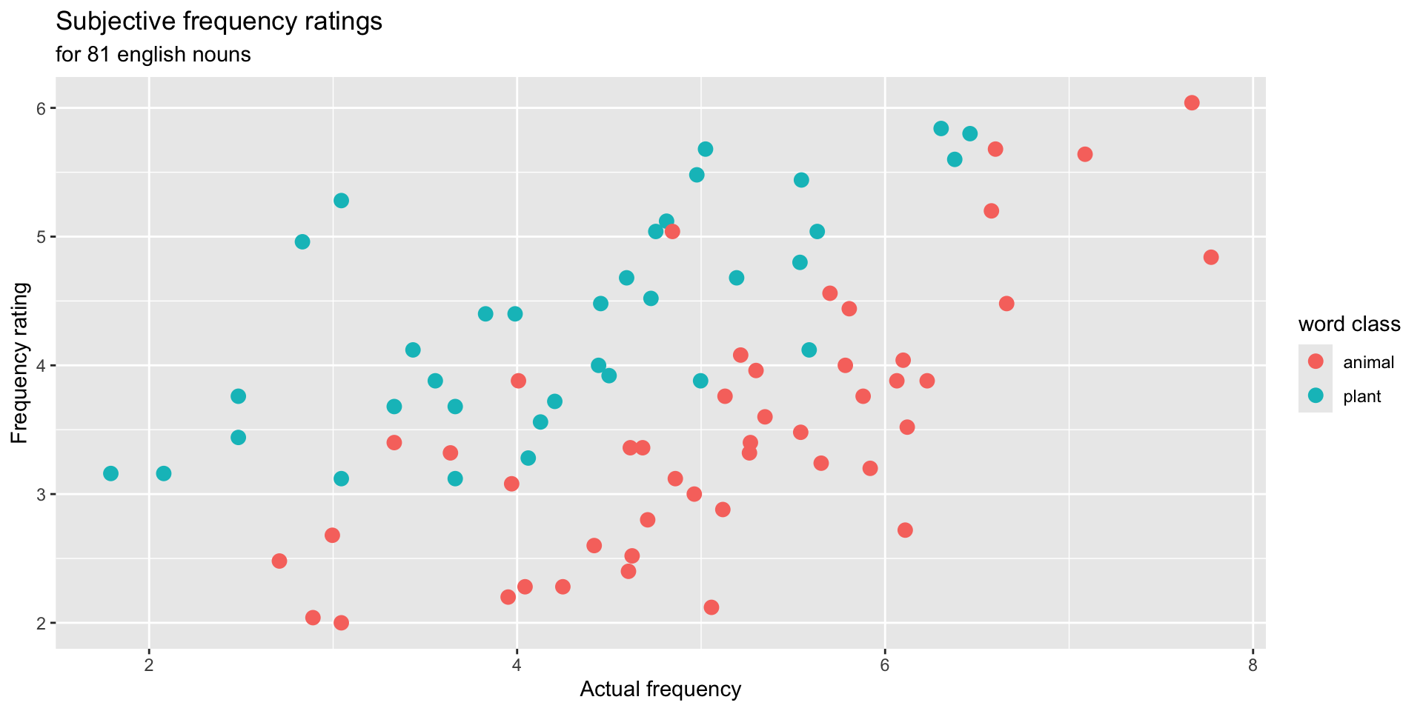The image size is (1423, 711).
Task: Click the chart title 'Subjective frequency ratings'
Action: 219,22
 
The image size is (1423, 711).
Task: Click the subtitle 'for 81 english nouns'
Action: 153,55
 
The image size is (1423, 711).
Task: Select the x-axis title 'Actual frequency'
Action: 660,690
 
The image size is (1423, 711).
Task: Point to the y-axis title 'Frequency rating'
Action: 20,363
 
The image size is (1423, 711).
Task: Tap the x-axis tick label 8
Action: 1253,665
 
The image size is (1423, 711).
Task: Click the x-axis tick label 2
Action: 149,665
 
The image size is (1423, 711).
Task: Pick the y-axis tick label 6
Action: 42,108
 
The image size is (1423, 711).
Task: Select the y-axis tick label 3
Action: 42,494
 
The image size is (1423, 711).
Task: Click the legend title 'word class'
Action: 1349,324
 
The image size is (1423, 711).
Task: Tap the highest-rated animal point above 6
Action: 1192,103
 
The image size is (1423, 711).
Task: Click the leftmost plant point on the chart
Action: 110,473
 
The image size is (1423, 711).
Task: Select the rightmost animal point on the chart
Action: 1211,257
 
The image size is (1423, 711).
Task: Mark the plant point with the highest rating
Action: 941,128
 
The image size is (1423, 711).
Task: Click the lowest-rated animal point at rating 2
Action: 341,623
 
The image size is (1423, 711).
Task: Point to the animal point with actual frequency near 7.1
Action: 1085,154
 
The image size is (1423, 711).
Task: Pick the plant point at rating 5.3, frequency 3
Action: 341,201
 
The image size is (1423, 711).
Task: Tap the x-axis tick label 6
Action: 884,665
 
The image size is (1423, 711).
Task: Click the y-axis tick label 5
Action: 42,237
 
